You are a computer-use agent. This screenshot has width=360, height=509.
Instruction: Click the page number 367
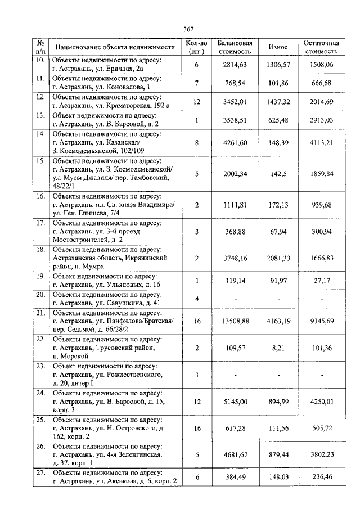[188, 29]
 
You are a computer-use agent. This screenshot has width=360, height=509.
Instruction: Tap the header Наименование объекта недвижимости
[113, 47]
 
